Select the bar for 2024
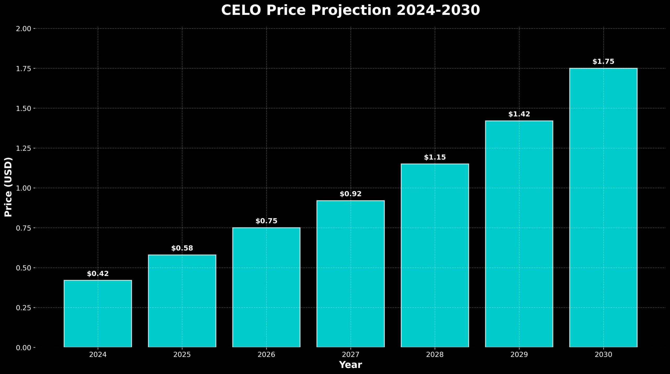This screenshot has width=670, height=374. click(98, 314)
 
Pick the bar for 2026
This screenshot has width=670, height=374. click(266, 287)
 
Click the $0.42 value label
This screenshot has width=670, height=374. click(98, 274)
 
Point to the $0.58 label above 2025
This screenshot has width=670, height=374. click(182, 248)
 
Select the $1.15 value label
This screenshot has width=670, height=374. click(435, 157)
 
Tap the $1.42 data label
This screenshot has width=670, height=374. click(519, 114)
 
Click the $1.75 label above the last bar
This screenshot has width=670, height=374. click(603, 61)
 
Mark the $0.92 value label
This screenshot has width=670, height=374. click(350, 194)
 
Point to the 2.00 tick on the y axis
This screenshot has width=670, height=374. click(24, 29)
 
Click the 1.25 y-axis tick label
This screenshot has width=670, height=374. click(24, 148)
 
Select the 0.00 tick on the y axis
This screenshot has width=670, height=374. click(24, 348)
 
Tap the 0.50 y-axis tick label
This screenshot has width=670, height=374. click(24, 268)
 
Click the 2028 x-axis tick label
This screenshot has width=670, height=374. click(435, 355)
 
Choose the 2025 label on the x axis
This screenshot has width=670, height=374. click(182, 355)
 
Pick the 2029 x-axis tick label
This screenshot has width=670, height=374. click(519, 355)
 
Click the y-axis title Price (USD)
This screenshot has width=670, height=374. click(8, 187)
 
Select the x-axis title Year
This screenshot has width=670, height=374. click(350, 365)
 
